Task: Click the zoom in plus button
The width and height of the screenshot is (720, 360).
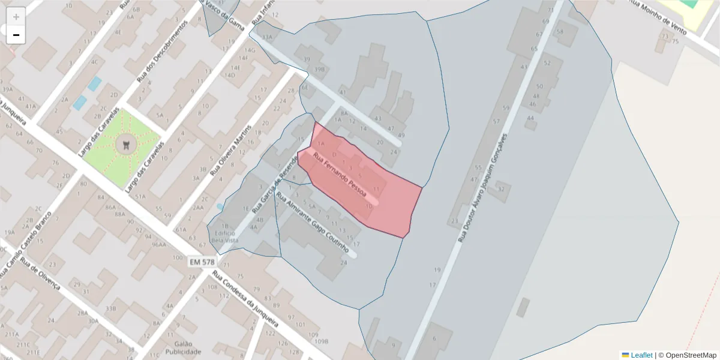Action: pyautogui.click(x=16, y=17)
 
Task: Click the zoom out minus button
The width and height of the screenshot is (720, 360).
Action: pyautogui.click(x=16, y=35)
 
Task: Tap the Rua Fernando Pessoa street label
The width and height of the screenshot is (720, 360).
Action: pyautogui.click(x=340, y=175)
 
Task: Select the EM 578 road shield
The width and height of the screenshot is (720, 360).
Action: pyautogui.click(x=202, y=262)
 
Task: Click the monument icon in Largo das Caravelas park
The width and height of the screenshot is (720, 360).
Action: pyautogui.click(x=126, y=144)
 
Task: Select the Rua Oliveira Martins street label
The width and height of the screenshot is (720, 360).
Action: pyautogui.click(x=231, y=150)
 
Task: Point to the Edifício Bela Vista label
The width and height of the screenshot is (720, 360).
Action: pyautogui.click(x=224, y=237)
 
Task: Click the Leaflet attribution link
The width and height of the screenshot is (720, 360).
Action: pyautogui.click(x=641, y=355)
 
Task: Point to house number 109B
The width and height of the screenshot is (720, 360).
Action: pyautogui.click(x=322, y=341)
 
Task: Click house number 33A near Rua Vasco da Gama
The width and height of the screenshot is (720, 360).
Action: pyautogui.click(x=267, y=37)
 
